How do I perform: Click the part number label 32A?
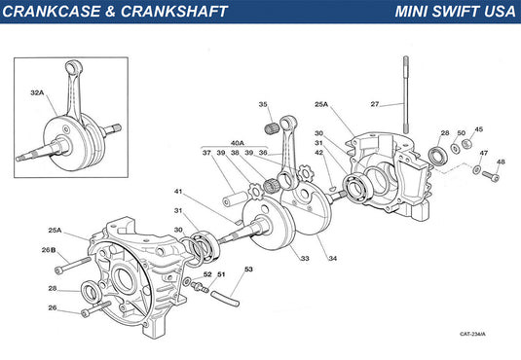(x=37, y=93)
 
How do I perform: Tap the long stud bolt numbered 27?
(x=406, y=94)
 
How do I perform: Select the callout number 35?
(x=263, y=105)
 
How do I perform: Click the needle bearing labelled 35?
(x=272, y=128)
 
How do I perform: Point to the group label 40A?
(x=238, y=143)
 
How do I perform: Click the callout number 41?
(x=178, y=192)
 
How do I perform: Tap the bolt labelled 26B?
(x=73, y=266)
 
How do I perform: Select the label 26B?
(x=49, y=250)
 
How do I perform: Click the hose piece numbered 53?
(x=225, y=299)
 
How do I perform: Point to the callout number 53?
(x=249, y=270)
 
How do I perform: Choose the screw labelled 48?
(x=491, y=176)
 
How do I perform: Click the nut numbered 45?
(x=467, y=144)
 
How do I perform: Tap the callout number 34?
(x=333, y=259)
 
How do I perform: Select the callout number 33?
(x=305, y=259)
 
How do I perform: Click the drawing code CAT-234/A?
(x=472, y=334)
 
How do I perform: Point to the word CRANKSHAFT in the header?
(x=174, y=12)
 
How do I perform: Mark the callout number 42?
(x=319, y=153)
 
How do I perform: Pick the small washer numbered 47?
(x=476, y=169)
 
